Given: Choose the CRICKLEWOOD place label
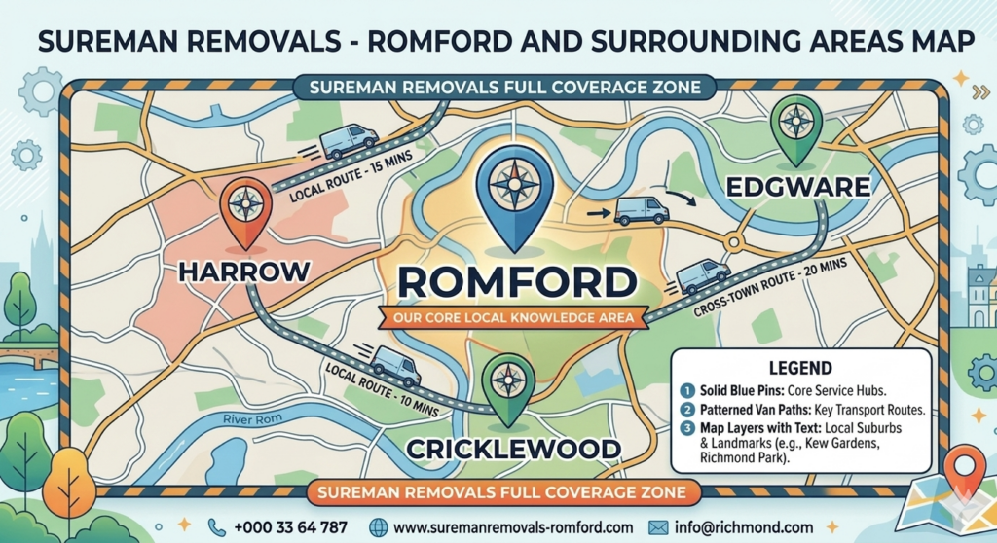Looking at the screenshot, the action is coord(514,450).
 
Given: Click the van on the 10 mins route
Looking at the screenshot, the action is coord(395,365).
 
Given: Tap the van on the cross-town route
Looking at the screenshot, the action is coord(702,275).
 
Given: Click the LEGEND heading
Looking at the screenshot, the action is coord(799,368).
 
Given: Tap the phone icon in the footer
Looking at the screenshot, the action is coord(215,526).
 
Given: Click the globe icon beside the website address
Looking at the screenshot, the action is coord(379,526).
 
